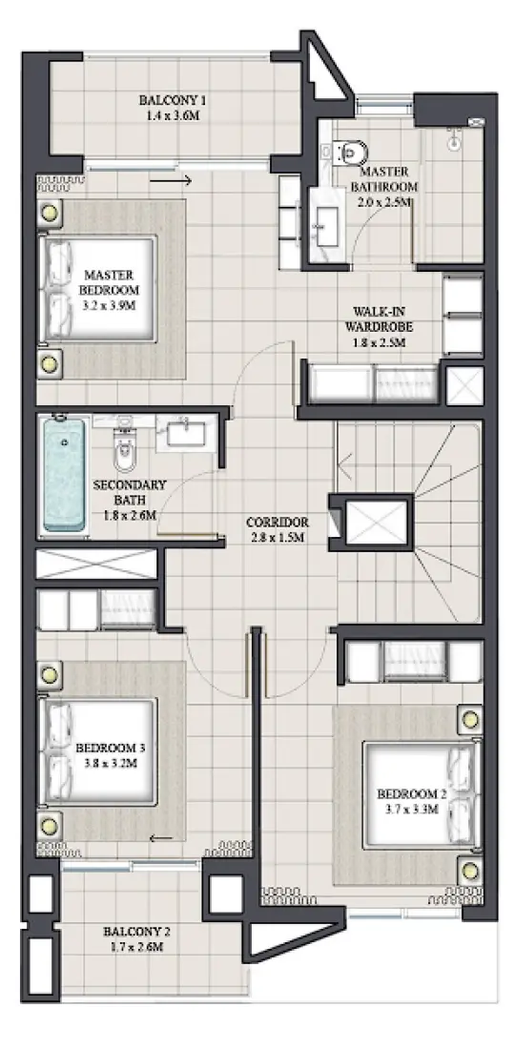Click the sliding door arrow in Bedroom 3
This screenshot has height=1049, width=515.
pos(161,838)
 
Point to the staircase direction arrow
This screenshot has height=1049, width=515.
pos(345,468)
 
